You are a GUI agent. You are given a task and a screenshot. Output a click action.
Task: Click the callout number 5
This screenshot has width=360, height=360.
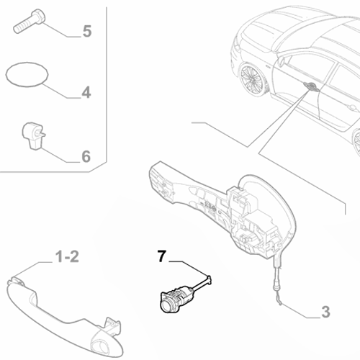click(87, 31)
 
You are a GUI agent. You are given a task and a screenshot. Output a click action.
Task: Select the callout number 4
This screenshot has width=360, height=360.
click(86, 92)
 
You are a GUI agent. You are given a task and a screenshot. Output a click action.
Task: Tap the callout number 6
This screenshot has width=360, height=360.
click(86, 156)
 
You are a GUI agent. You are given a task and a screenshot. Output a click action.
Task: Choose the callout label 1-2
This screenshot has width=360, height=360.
click(68, 256)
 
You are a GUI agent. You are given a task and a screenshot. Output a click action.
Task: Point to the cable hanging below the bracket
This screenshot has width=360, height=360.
click(276, 284)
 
